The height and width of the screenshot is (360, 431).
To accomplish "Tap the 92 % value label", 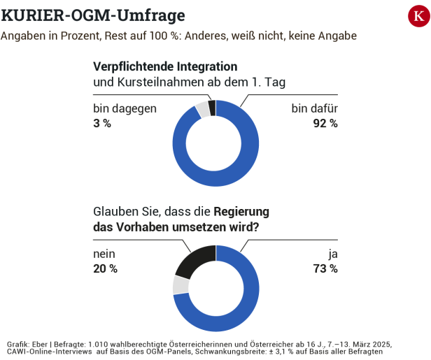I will [x=325, y=124].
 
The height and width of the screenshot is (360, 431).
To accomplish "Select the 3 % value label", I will [x=102, y=124].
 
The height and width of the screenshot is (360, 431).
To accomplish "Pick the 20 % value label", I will [x=105, y=268].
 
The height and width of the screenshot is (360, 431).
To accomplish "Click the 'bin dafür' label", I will [x=314, y=108].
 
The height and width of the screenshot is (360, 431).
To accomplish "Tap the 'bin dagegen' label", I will [x=125, y=108].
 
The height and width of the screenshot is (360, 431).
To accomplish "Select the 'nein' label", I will [x=105, y=254].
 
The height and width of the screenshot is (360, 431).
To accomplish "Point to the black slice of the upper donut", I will [x=212, y=106].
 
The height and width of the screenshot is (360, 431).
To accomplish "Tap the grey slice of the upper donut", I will [x=203, y=109].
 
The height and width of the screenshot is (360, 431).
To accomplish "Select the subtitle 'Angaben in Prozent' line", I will [x=178, y=36].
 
